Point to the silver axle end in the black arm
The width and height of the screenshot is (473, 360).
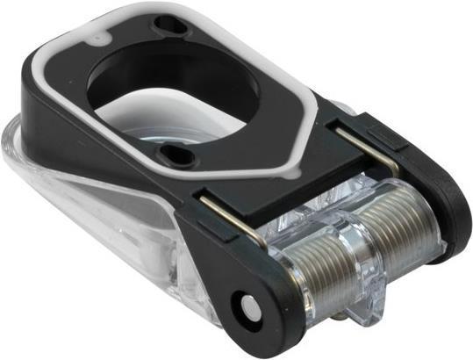[246, 307]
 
